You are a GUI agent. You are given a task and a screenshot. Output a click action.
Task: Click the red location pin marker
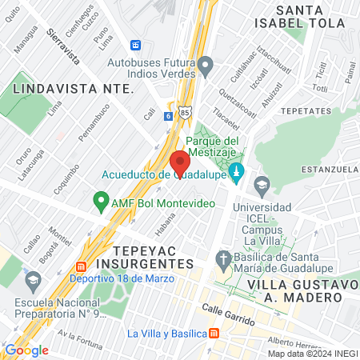pos(179,159)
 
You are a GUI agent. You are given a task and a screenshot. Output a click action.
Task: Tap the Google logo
pos(27,350)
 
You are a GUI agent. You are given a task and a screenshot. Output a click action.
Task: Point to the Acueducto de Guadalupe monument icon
pos(237,171)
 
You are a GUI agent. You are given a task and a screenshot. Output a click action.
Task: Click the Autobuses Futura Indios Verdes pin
pos(206,64)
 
